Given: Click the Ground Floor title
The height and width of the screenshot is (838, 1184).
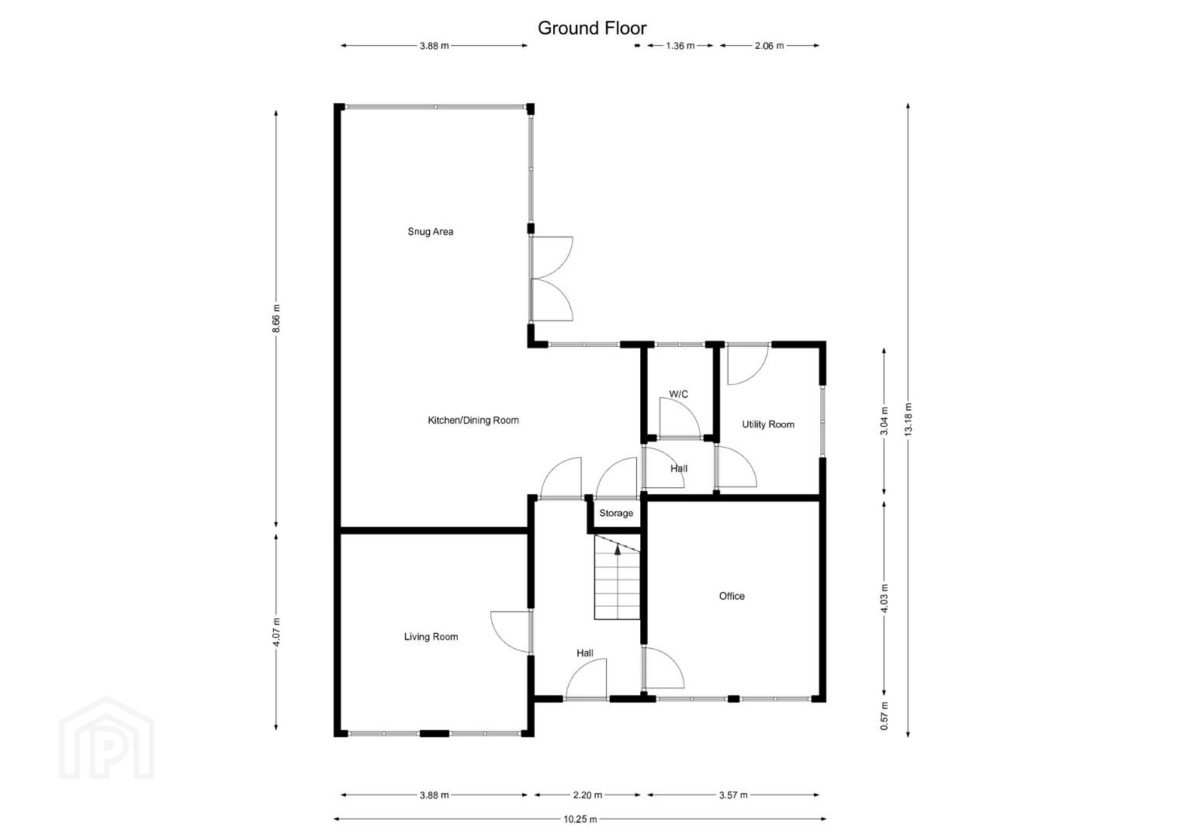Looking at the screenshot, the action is click(x=592, y=28).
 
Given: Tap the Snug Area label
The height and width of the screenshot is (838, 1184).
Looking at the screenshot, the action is click(x=431, y=231).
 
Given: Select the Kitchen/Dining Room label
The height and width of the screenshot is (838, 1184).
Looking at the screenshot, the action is click(x=473, y=421).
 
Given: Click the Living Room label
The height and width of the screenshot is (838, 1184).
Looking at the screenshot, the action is click(x=431, y=636).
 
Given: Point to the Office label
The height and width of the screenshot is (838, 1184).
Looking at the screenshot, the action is click(x=732, y=596).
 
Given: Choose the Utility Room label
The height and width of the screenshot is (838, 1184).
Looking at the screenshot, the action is click(x=768, y=424).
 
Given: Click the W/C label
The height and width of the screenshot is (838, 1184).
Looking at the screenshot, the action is click(x=679, y=394).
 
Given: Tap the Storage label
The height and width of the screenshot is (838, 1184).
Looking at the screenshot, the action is click(x=616, y=513).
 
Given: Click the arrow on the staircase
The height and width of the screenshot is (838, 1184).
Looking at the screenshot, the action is click(x=618, y=550).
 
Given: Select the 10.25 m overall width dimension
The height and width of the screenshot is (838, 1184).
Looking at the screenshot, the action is click(x=580, y=819).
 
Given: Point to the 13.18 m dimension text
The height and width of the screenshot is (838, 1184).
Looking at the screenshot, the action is click(x=908, y=419).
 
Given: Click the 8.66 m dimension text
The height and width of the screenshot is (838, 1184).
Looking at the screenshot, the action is click(x=276, y=319).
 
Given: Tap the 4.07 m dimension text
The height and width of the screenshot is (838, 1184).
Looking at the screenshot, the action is click(x=276, y=632).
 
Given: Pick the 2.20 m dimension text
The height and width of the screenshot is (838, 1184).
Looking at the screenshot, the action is click(x=587, y=795).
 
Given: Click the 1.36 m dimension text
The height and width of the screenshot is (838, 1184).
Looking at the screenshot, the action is click(x=680, y=46).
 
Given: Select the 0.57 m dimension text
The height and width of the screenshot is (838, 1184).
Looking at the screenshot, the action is click(x=884, y=716).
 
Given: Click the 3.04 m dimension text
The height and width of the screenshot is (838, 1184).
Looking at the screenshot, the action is click(x=884, y=421).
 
